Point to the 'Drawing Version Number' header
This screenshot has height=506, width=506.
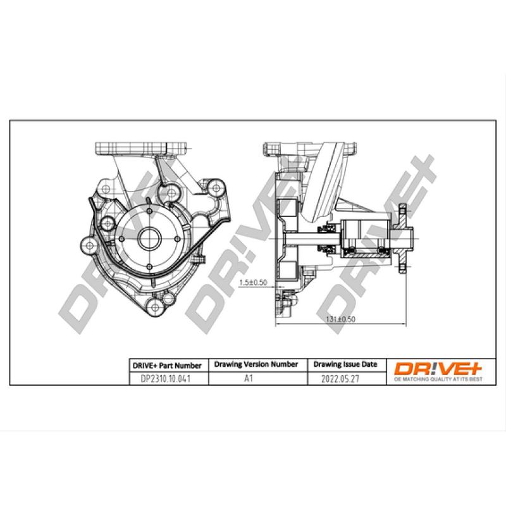[x=256, y=365]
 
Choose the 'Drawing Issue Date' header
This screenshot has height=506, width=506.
[x=345, y=365]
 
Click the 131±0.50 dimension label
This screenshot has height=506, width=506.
[x=342, y=319]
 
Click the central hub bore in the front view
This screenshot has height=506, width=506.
[x=151, y=239]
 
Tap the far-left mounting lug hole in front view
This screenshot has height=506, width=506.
[x=88, y=243]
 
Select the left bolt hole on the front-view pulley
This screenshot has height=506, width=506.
[x=123, y=239]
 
